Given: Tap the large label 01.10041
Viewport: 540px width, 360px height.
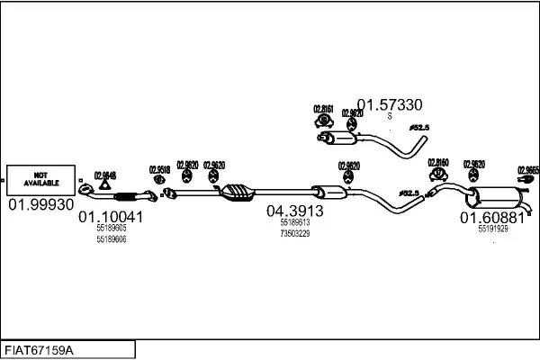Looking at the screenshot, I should [111, 217].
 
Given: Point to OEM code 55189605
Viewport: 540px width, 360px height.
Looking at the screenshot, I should [112, 229].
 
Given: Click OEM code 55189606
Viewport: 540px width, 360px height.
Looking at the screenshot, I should [112, 240].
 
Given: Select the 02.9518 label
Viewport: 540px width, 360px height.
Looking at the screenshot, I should [159, 168].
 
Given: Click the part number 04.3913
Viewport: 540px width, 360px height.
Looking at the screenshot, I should [294, 211].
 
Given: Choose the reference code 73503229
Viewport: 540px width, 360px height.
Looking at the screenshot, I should [294, 233].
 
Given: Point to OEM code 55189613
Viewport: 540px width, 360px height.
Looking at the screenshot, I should [294, 222].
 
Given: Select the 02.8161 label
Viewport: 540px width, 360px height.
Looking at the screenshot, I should [323, 109].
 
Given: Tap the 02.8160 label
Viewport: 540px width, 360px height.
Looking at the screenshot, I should [438, 163].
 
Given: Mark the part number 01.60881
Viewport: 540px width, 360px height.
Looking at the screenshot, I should [492, 218].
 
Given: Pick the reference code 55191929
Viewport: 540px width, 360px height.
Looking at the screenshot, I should [492, 229].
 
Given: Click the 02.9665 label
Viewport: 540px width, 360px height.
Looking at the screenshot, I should [527, 169].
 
